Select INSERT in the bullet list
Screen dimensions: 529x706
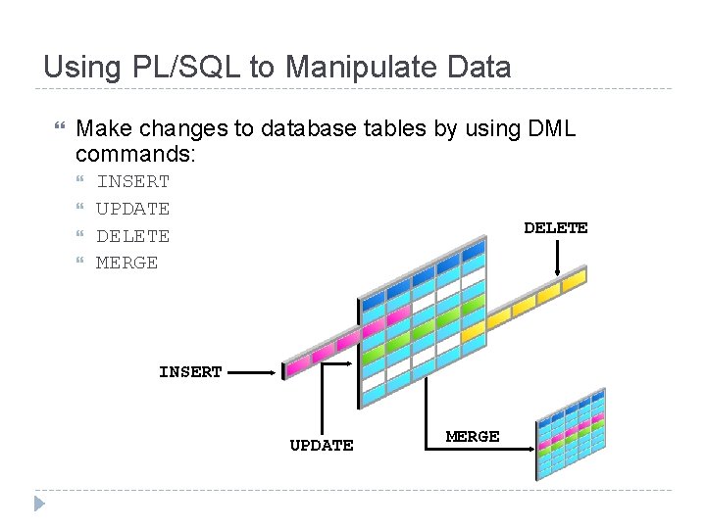pyautogui.click(x=132, y=181)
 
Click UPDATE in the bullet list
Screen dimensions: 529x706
pyautogui.click(x=132, y=209)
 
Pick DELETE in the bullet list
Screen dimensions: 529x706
pyautogui.click(x=132, y=236)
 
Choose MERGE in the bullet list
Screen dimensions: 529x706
pyautogui.click(x=126, y=264)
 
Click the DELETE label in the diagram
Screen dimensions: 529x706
pyautogui.click(x=555, y=227)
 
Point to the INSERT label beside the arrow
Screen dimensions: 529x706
pyautogui.click(x=190, y=372)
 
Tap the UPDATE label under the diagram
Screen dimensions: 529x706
pyautogui.click(x=321, y=445)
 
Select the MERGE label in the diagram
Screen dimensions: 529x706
pyautogui.click(x=473, y=436)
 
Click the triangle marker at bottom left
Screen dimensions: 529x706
pyautogui.click(x=38, y=504)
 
